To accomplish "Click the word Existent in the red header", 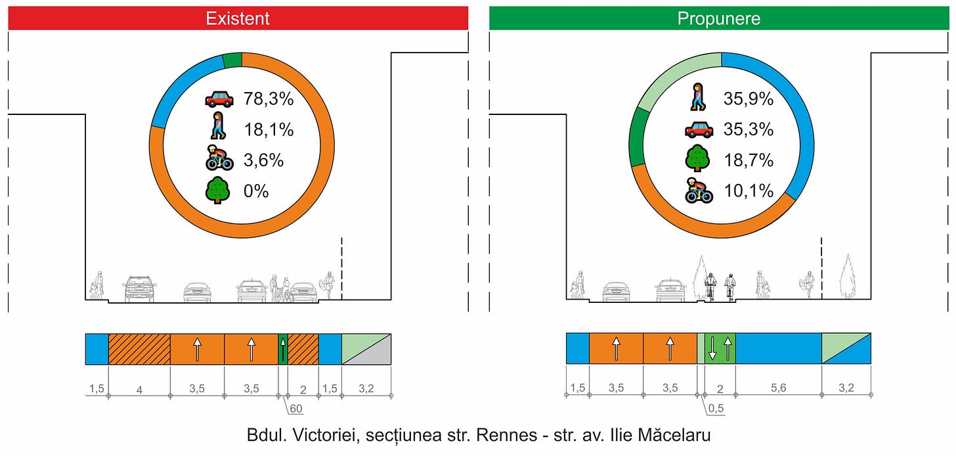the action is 238,18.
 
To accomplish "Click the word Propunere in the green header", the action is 719,18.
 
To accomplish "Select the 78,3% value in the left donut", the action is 268,99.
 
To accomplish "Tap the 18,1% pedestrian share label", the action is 268,129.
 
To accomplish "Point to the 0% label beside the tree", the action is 256,191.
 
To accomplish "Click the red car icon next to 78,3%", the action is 219,99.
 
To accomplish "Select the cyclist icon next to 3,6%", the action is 219,160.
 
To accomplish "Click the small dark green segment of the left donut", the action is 232,60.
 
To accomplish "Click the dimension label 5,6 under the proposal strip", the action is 778,388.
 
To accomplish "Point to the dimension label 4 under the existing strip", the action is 139,388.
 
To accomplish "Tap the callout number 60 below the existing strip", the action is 297,409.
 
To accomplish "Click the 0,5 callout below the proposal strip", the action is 717,409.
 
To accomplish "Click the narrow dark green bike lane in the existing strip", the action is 283,349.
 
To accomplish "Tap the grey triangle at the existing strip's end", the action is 377,355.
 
